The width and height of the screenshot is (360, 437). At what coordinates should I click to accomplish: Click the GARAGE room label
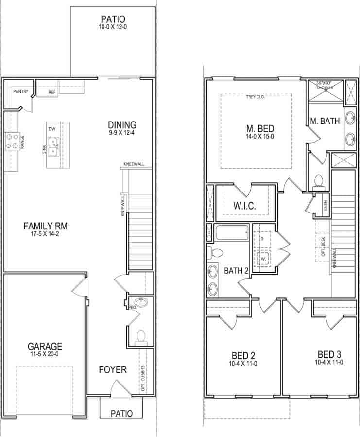(45, 346)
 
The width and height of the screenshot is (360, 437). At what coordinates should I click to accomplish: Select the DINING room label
(122, 125)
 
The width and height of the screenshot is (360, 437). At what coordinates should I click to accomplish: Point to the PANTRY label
(20, 91)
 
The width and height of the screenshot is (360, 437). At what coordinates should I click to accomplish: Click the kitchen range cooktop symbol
(12, 140)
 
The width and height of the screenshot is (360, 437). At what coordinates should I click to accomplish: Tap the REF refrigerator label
(51, 91)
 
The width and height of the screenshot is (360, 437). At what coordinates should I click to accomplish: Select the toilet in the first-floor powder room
(141, 335)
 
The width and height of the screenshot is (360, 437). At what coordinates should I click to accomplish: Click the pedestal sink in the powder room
(140, 303)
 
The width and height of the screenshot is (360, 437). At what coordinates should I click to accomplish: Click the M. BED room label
(260, 129)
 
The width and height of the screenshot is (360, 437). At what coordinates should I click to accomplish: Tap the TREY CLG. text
(255, 96)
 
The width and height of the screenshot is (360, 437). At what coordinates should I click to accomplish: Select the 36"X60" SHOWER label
(325, 85)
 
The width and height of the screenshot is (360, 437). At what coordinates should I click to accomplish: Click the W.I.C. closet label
(244, 206)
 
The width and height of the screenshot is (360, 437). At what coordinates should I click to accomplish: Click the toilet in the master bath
(319, 181)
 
